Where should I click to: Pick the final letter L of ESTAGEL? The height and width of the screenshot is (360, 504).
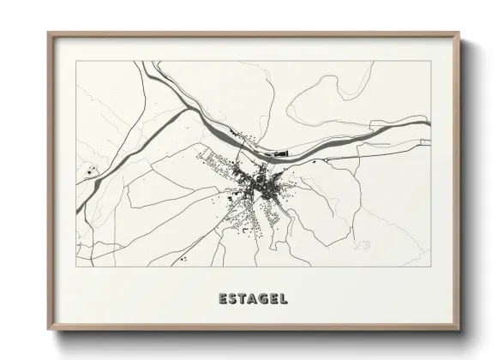coord(284,299)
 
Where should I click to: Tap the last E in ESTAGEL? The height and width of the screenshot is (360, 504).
coord(274,299)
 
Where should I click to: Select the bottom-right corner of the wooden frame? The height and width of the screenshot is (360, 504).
coord(459,330)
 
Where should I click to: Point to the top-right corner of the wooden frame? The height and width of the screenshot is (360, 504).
coord(459,33)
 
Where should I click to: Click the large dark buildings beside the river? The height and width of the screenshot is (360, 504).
coord(278,155)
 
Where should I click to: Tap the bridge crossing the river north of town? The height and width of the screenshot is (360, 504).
coord(257,146)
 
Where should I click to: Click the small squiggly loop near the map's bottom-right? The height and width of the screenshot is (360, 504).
coord(363,245)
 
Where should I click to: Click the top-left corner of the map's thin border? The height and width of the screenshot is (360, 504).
coord(76,61)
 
